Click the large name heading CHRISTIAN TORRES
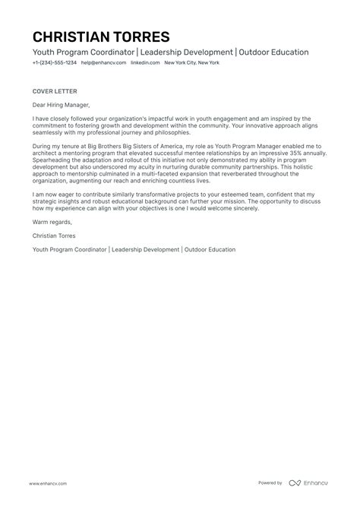click(101, 37)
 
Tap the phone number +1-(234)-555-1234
click(54, 63)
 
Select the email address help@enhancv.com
click(101, 63)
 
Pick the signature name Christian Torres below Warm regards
click(57, 236)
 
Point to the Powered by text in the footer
click(270, 483)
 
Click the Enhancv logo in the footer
click(310, 483)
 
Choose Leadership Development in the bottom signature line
click(146, 249)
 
